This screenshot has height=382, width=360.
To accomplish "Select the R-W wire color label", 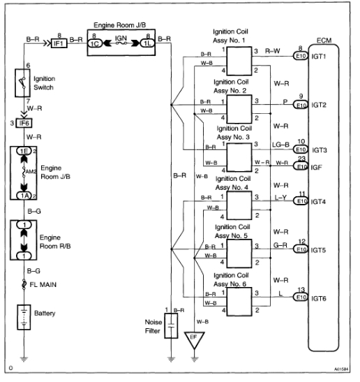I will (272, 50).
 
